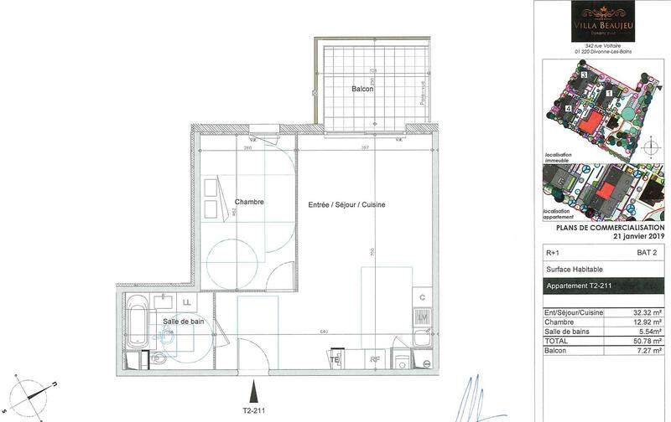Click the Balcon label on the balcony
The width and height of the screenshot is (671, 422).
pos(362,88)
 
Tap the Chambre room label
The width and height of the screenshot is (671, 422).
pos(250,202)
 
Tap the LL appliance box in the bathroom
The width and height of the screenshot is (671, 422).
pos(187,302)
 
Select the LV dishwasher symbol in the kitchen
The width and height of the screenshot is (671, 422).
pos(423,316)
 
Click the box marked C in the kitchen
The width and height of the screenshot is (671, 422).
pos(423,297)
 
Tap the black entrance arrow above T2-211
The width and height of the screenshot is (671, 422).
pos(252,389)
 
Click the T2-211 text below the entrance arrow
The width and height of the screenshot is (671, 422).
pos(252,411)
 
